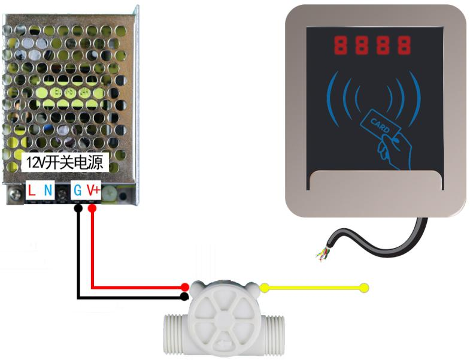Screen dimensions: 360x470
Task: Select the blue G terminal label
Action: click(77, 190)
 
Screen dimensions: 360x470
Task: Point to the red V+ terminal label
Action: click(93, 190)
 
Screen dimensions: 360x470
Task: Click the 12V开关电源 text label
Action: click(65, 162)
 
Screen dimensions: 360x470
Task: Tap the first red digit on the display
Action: click(342, 44)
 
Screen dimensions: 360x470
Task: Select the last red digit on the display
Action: click(404, 44)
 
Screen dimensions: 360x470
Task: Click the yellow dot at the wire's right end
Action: click(364, 288)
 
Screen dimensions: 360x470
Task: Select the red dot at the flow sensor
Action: click(185, 288)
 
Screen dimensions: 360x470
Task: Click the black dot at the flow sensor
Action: click(185, 297)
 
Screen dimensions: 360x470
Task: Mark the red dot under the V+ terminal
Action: click(92, 208)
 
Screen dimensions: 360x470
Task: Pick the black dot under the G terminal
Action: click(78, 208)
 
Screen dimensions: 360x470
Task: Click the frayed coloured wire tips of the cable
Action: click(322, 254)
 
